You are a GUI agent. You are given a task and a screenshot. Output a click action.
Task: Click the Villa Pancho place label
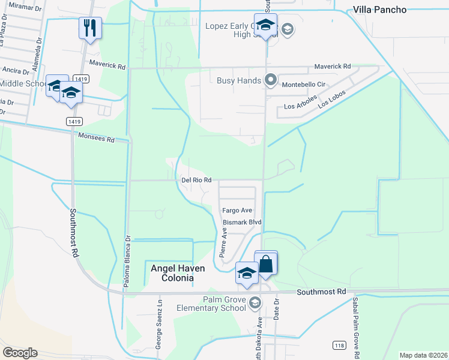pyautogui.click(x=379, y=10)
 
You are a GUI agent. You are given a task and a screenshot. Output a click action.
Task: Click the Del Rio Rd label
pyautogui.click(x=196, y=180)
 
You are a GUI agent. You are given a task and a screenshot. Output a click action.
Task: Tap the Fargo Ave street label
pyautogui.click(x=237, y=211)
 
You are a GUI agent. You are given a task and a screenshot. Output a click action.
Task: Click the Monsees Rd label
pyautogui.click(x=96, y=138)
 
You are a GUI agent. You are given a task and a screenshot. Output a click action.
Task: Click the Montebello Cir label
pyautogui.click(x=303, y=85)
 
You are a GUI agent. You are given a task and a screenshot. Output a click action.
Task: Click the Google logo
pyautogui.click(x=20, y=352)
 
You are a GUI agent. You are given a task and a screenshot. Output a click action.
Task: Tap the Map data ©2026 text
pyautogui.click(x=423, y=355)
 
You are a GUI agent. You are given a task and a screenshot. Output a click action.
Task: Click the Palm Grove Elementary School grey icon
pyautogui.click(x=255, y=302)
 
